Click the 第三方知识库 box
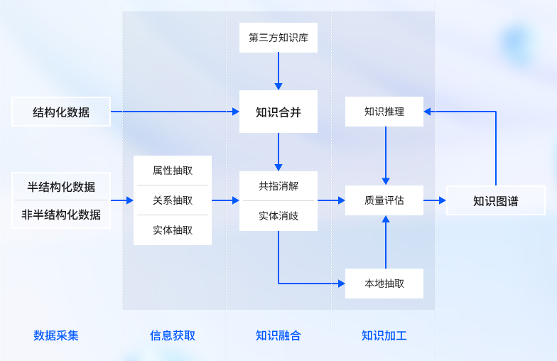[278, 38]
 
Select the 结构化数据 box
[61, 112]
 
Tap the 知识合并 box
[278, 112]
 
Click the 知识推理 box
[384, 112]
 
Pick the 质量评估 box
[384, 200]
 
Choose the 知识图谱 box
[495, 200]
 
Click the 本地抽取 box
[384, 284]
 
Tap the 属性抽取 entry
[173, 171]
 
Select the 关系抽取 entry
[173, 200]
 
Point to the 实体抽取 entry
[173, 230]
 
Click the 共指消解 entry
[278, 186]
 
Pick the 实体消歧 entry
[278, 216]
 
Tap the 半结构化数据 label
[61, 187]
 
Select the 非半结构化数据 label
[61, 215]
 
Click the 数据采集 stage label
[56, 335]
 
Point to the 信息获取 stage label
[173, 335]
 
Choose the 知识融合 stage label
[278, 335]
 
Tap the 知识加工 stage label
[384, 335]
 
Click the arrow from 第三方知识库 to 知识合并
[278, 71]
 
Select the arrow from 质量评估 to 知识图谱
[435, 200]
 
